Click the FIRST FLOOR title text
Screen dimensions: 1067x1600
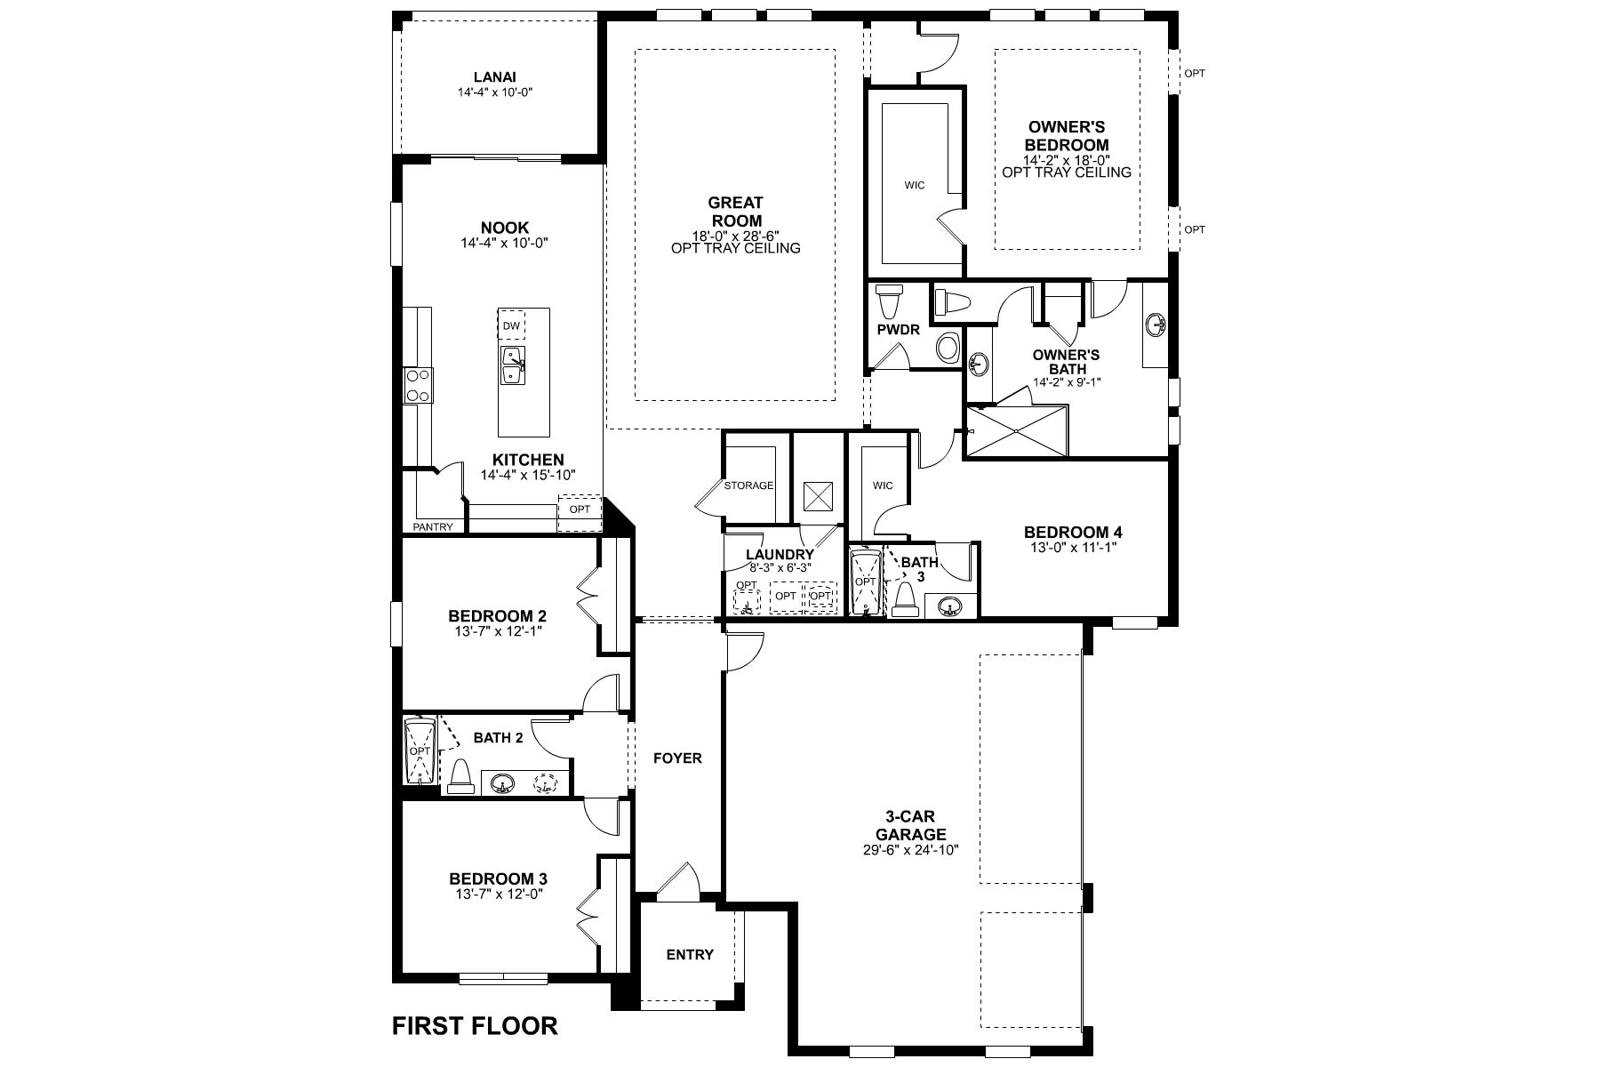[475, 1026]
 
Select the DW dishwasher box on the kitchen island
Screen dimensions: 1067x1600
[510, 325]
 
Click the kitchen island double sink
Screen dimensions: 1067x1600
[513, 365]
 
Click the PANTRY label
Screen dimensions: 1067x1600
[432, 527]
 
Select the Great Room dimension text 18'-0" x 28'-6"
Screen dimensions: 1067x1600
[735, 236]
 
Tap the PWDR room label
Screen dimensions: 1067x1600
[898, 328]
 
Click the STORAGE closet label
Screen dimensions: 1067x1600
[748, 485]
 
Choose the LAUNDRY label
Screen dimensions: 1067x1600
[780, 554]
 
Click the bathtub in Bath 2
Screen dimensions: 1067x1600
[419, 752]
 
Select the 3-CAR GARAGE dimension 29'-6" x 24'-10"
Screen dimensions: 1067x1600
[910, 848]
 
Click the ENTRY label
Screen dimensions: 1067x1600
[690, 954]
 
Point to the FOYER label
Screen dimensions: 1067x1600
[677, 758]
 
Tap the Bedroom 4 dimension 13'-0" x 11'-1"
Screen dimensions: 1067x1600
[1072, 547]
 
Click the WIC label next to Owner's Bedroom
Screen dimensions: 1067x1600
[914, 185]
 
